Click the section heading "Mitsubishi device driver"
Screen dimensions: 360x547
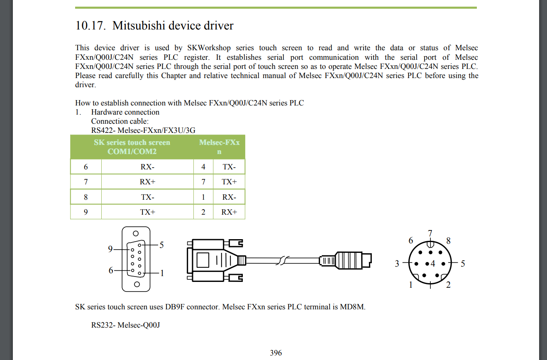point(173,26)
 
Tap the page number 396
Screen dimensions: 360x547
point(276,353)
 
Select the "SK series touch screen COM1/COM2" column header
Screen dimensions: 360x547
point(132,147)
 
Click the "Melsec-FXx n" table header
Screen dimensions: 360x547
point(219,147)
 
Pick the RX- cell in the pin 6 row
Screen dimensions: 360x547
point(147,167)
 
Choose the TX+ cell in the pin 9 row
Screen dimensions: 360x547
point(147,212)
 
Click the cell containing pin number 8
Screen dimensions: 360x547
point(86,197)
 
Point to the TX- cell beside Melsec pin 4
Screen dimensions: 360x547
point(229,167)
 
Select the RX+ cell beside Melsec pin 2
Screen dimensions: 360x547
point(229,212)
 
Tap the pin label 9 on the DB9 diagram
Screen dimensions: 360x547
point(110,249)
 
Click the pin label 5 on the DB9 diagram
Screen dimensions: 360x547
point(161,245)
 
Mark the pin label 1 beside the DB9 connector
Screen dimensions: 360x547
point(162,273)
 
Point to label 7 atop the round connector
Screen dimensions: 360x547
point(430,233)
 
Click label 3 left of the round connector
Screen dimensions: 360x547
point(397,264)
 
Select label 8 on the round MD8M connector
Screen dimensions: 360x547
point(448,241)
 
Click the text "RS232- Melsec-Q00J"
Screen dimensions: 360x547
point(125,325)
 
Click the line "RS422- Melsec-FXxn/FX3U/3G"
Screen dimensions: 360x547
point(143,130)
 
